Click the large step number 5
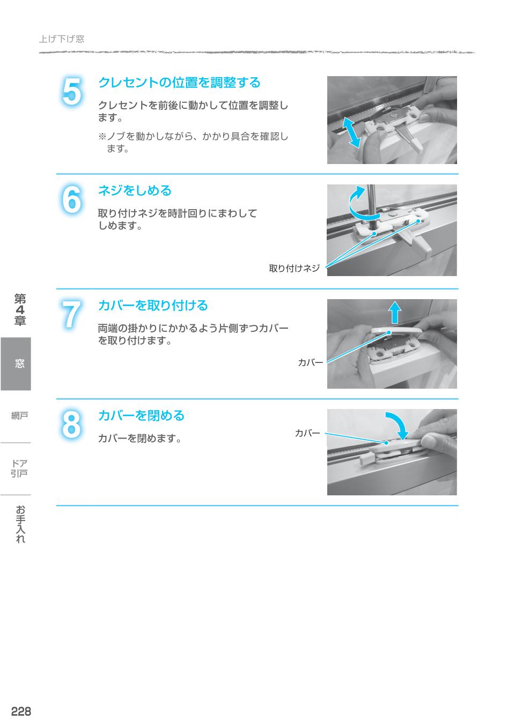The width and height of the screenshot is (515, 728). [x=72, y=92]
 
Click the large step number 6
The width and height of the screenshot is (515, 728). [x=72, y=200]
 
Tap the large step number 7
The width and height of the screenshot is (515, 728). [x=72, y=315]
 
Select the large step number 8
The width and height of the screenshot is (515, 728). [x=72, y=425]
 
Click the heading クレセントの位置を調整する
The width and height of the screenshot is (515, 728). [x=179, y=83]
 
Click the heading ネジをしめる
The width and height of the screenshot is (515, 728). [x=135, y=190]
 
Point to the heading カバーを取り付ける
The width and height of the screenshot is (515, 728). [x=152, y=306]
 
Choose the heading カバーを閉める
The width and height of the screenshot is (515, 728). [x=141, y=415]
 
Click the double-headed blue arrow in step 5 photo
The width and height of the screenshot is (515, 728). [x=351, y=131]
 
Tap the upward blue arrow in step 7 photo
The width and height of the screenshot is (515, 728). [x=395, y=312]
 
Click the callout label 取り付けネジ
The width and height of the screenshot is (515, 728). [x=294, y=269]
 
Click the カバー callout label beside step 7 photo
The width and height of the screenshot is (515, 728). [x=311, y=363]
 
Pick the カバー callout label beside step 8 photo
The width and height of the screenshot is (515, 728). [x=307, y=433]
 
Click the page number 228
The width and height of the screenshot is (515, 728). [x=21, y=711]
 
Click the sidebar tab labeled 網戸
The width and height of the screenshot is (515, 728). [x=19, y=415]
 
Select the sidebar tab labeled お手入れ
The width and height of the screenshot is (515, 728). [x=20, y=524]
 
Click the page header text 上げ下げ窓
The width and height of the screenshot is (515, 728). [x=62, y=39]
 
